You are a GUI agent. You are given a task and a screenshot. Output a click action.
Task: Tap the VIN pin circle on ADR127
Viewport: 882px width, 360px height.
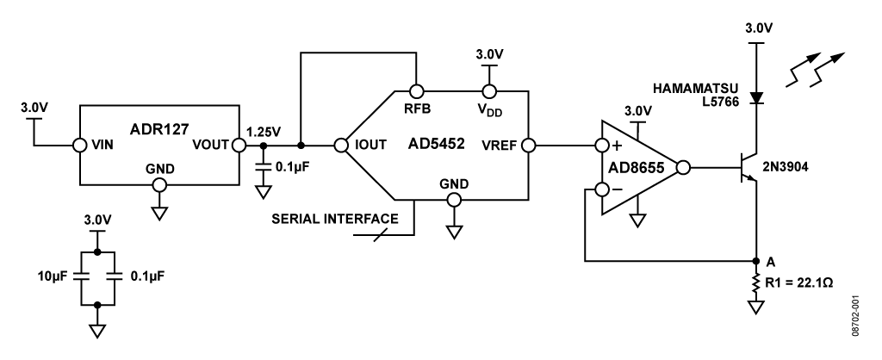[79, 145]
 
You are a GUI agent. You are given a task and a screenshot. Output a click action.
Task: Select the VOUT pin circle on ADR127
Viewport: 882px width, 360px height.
[239, 145]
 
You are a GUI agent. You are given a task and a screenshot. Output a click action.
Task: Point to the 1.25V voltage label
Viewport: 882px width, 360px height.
[262, 132]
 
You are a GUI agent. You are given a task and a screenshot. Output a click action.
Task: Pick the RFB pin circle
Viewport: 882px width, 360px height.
[415, 90]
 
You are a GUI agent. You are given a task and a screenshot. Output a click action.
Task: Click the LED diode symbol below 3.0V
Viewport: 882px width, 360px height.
[755, 98]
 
